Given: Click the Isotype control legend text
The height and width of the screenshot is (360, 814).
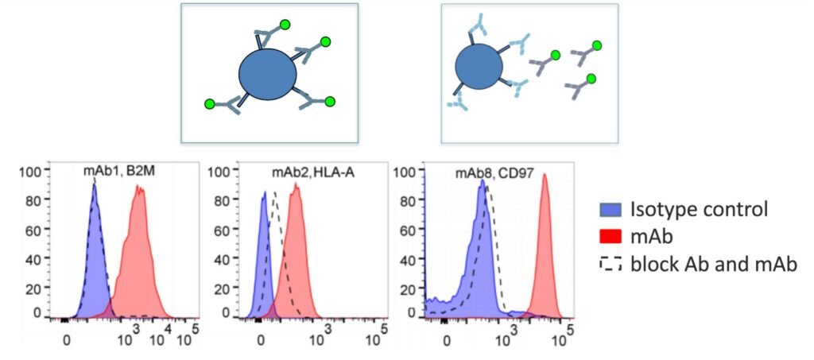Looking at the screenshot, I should pos(699,210).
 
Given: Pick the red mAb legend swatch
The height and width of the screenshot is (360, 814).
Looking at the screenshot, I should pos(609,237).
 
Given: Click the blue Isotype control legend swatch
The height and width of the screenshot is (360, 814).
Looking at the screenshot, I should pos(609,210).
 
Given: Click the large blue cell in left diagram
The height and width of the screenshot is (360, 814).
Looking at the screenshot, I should pos(268,75).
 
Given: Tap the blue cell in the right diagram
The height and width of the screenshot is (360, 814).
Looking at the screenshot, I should pos(480,68).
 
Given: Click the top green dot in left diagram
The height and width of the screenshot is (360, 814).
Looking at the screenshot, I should pos(324,41).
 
